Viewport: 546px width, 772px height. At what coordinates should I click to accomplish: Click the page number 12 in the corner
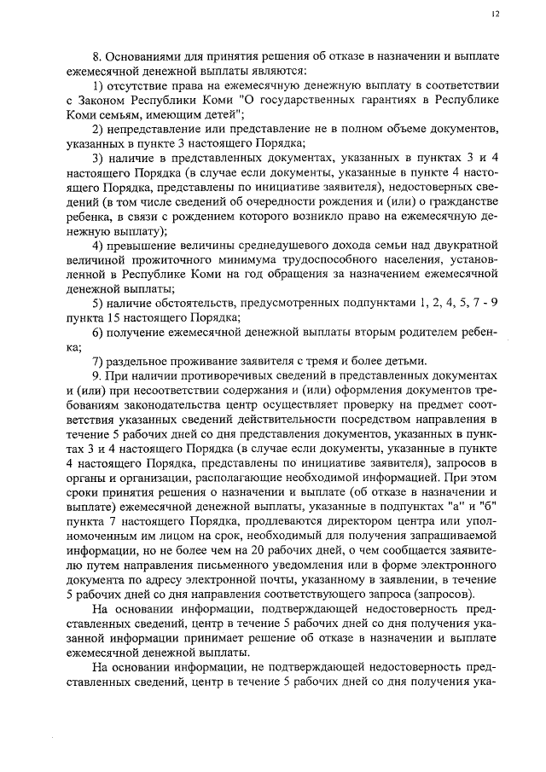[496, 14]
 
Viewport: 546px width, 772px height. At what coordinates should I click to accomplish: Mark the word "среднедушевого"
[264, 246]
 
